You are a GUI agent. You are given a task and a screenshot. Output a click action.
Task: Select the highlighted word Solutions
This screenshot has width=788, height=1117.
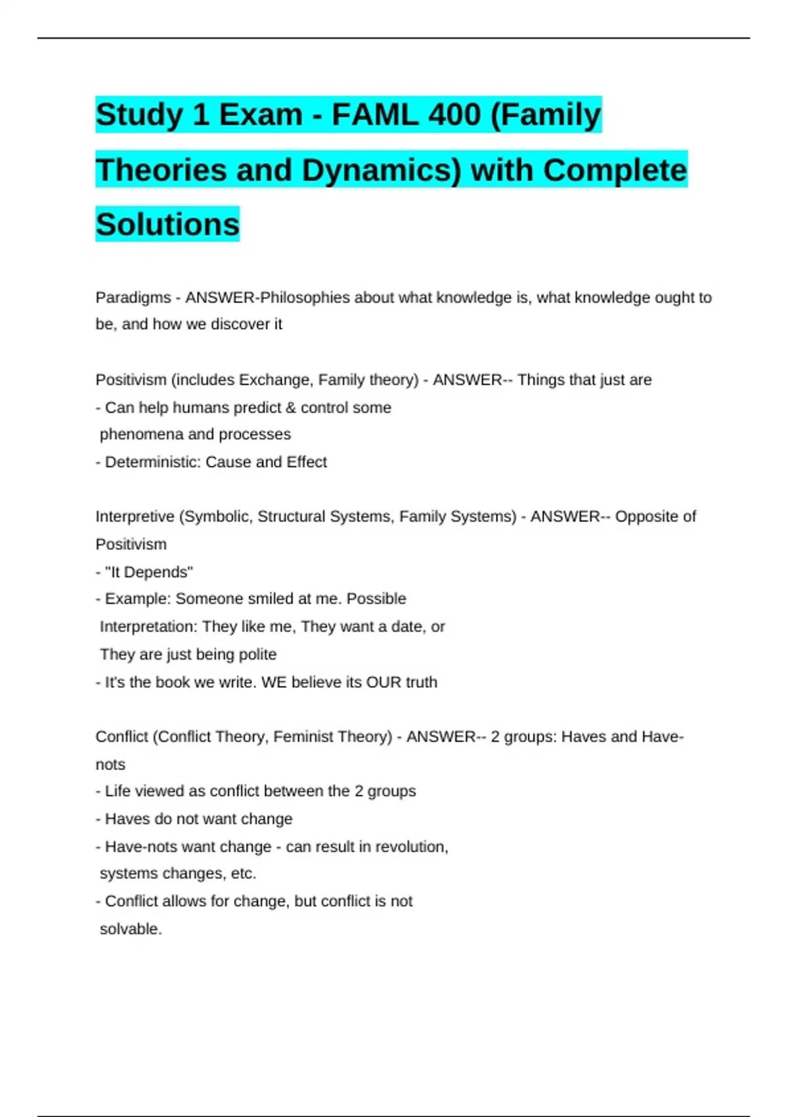tap(167, 225)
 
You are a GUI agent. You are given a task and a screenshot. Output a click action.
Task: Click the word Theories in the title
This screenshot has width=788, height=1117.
tap(162, 170)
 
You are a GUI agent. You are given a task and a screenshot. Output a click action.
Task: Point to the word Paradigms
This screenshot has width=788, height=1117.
tap(133, 298)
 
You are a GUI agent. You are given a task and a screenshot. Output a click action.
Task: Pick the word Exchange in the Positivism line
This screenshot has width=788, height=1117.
tap(273, 380)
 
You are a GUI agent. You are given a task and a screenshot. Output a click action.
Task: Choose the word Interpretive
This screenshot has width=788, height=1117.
tap(134, 516)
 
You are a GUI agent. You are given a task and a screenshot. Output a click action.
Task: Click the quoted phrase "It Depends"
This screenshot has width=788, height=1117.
tap(149, 572)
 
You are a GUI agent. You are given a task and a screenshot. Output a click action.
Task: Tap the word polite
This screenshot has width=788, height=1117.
tap(257, 654)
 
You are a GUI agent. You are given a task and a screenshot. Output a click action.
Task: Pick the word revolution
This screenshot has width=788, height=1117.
tap(414, 846)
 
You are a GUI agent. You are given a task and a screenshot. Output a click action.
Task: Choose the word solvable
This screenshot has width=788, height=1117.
tap(130, 929)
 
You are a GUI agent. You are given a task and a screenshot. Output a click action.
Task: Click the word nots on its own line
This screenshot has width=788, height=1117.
tap(110, 764)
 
